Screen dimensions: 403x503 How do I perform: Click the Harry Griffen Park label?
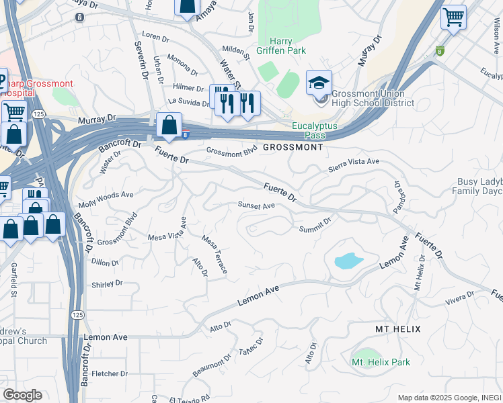[x=280, y=46]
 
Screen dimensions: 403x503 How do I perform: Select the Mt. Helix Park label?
[x=381, y=362]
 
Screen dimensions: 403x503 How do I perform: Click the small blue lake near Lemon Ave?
[x=348, y=261]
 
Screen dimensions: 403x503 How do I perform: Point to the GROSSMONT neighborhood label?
[x=293, y=146]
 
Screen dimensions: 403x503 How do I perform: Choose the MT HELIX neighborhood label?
[x=397, y=329]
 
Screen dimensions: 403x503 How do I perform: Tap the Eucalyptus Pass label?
[x=314, y=130]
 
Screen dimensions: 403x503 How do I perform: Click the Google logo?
[x=22, y=395]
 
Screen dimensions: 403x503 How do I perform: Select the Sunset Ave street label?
[x=256, y=206]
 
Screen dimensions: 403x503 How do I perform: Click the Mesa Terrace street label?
[x=215, y=255]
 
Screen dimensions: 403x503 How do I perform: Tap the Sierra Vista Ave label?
[x=354, y=165]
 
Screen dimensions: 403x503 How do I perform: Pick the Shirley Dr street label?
[x=107, y=284]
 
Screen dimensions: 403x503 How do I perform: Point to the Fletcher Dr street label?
[x=110, y=373]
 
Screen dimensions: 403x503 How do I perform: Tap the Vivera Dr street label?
[x=459, y=298]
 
